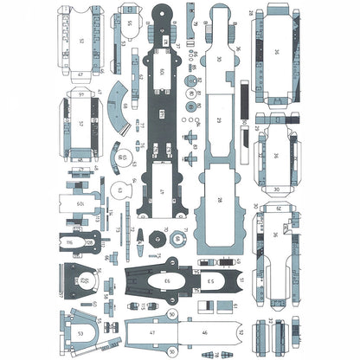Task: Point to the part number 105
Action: coord(80,205)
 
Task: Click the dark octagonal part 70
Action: coord(158,237)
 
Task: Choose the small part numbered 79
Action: coord(194,25)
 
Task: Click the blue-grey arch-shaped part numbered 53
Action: coord(80,331)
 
